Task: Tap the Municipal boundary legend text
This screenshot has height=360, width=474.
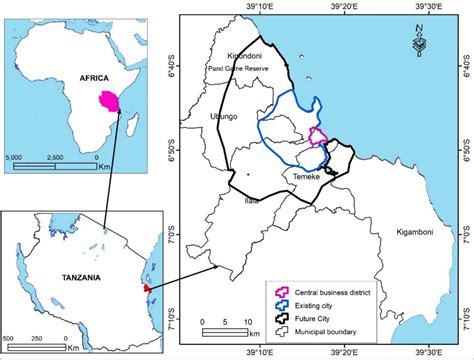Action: [331, 323]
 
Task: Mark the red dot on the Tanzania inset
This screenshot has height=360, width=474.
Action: [145, 288]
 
